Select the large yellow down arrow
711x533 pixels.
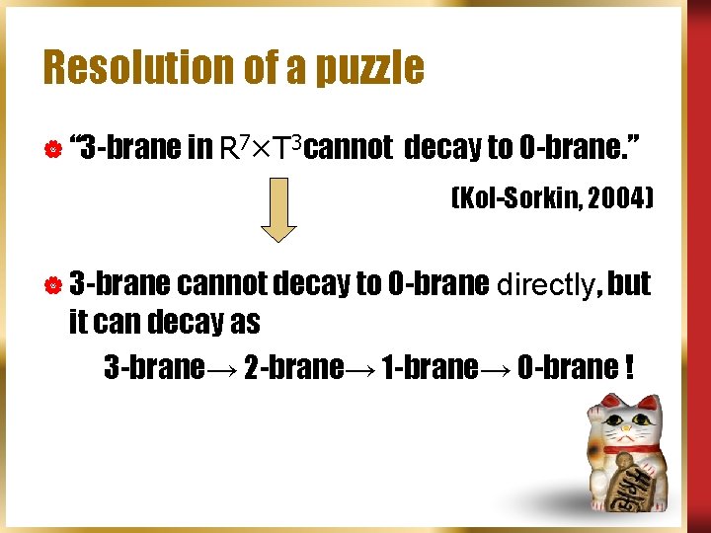click(278, 209)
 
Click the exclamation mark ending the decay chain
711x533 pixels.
click(629, 367)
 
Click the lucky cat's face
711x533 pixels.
click(629, 427)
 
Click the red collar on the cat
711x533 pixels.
click(632, 450)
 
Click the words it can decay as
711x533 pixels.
click(164, 322)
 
